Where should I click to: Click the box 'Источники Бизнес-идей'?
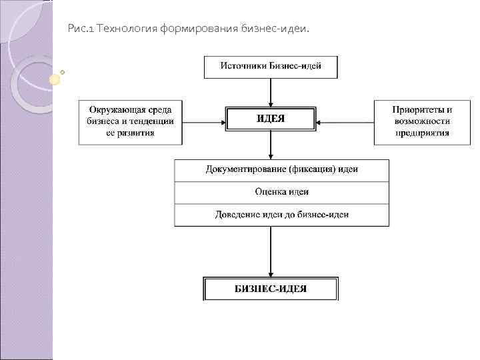pos(271,67)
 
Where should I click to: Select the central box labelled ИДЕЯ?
pos(271,119)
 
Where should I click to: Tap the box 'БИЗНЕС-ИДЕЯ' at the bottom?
pos(271,289)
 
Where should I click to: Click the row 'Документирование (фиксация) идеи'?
pos(281,170)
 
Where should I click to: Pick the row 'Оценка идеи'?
pos(281,192)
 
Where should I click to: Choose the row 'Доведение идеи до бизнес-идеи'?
pos(281,215)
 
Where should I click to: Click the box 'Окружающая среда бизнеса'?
pos(131,121)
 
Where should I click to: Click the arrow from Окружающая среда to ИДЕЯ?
pos(203,122)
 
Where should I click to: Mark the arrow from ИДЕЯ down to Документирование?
pos(271,145)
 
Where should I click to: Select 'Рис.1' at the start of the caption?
pos(81,29)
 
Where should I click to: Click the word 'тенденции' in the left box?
pos(153,121)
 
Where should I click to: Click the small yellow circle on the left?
pos(55,79)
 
